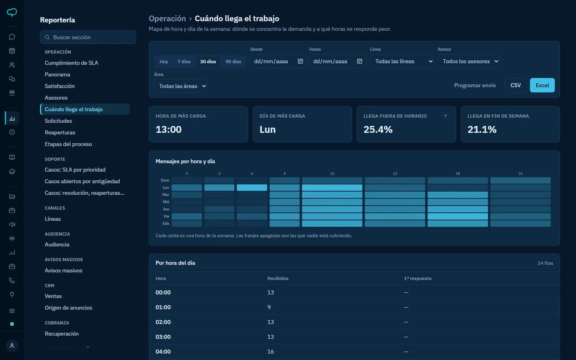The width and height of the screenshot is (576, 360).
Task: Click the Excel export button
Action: pyautogui.click(x=542, y=85)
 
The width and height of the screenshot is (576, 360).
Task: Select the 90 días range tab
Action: pyautogui.click(x=233, y=62)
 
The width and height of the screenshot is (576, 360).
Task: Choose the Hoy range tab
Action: pyautogui.click(x=164, y=62)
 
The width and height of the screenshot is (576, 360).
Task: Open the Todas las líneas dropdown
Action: pyautogui.click(x=402, y=61)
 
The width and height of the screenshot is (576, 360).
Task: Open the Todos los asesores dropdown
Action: pyautogui.click(x=468, y=61)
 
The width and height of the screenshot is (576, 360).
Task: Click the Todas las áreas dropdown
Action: pyautogui.click(x=180, y=86)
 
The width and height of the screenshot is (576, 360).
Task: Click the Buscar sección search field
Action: pyautogui.click(x=88, y=37)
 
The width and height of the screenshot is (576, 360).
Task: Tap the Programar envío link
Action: pyautogui.click(x=475, y=85)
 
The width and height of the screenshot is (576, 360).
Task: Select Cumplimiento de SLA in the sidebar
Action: pyautogui.click(x=71, y=63)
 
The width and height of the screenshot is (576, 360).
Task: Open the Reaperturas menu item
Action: pyautogui.click(x=60, y=132)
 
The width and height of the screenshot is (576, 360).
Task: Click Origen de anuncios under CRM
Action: pyautogui.click(x=68, y=308)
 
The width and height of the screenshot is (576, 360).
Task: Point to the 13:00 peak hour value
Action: pyautogui.click(x=168, y=129)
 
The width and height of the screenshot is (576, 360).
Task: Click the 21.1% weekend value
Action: pyautogui.click(x=482, y=129)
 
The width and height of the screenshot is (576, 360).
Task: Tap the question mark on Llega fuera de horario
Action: pyautogui.click(x=445, y=116)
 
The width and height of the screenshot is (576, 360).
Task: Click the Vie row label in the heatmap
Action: pyautogui.click(x=166, y=216)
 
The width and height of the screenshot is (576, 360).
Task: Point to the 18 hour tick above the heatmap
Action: pyautogui.click(x=458, y=174)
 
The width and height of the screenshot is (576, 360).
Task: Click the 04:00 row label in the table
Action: pyautogui.click(x=163, y=352)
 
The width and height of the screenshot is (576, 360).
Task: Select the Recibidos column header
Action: pyautogui.click(x=278, y=278)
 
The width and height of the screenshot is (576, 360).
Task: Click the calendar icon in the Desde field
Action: pyautogui.click(x=300, y=61)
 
